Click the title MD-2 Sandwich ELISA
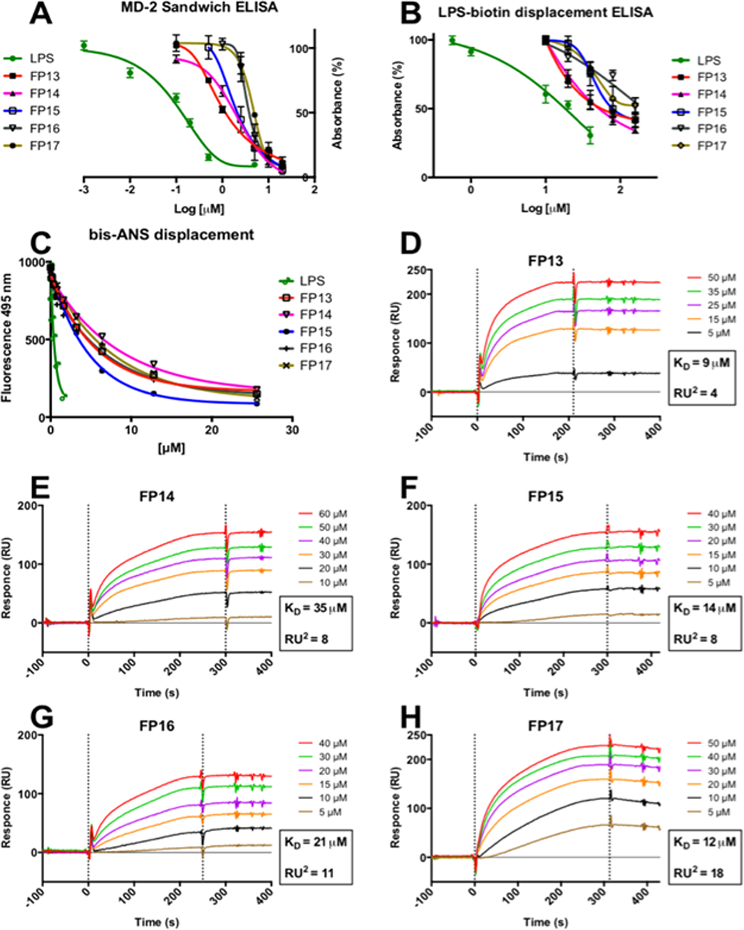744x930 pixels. point(199,8)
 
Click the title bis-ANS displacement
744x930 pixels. point(171,235)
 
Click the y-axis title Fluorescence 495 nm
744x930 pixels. point(7,339)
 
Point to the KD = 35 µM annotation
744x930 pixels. point(315,608)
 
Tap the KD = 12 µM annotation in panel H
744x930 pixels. point(705,842)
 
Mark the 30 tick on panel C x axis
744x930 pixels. point(292,429)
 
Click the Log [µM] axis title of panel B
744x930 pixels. point(545,208)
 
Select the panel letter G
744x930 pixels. point(42,717)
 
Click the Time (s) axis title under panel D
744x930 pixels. point(545,457)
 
